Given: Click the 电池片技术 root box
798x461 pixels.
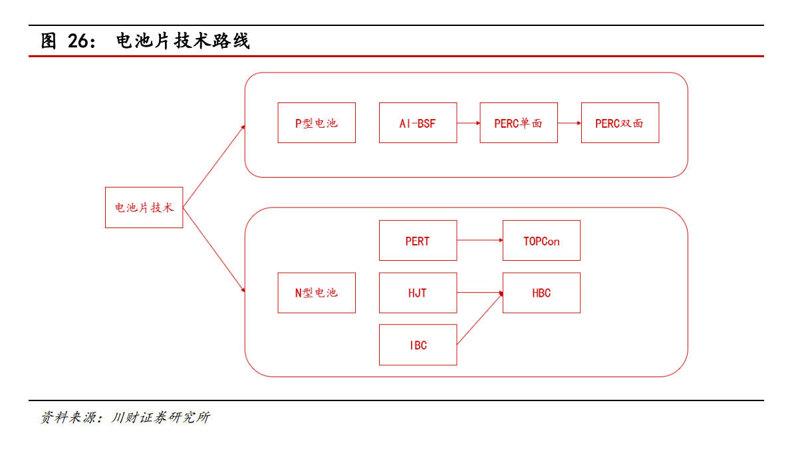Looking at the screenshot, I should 144,208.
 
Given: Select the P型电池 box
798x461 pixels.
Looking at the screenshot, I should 317,123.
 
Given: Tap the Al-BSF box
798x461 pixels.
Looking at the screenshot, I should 418,123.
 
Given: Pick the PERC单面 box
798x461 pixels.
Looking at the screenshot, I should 519,123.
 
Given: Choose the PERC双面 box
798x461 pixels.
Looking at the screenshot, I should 620,123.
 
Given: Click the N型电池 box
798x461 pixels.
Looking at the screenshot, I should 317,293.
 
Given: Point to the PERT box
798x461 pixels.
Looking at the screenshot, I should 418,241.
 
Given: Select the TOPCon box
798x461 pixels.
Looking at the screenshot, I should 541,241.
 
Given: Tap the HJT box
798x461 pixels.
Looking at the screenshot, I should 418,293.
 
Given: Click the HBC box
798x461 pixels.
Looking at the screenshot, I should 541,293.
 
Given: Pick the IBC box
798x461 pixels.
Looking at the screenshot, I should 418,345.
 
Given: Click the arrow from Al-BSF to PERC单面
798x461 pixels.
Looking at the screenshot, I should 469,123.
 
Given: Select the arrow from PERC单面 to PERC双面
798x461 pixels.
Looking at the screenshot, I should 570,123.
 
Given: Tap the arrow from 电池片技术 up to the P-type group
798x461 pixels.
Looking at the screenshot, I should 214,166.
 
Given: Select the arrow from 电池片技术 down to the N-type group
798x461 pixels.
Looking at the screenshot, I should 214,249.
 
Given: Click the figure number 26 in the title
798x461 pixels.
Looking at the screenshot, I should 78,41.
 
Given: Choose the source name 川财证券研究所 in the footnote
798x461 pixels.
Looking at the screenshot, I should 160,418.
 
